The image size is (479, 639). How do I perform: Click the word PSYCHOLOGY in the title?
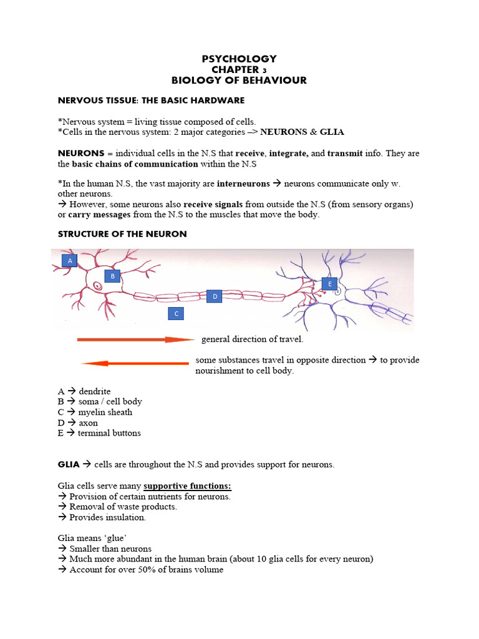pyautogui.click(x=239, y=59)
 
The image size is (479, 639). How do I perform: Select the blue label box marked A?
pyautogui.click(x=70, y=260)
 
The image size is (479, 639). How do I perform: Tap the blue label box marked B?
pyautogui.click(x=112, y=275)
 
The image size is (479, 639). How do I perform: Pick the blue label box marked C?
pyautogui.click(x=177, y=314)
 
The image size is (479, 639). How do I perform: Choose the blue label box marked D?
pyautogui.click(x=215, y=296)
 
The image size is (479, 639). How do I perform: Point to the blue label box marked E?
pyautogui.click(x=329, y=284)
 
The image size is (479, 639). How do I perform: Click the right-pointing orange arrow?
pyautogui.click(x=136, y=339)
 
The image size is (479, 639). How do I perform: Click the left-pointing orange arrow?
pyautogui.click(x=135, y=363)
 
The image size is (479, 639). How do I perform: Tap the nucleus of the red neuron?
pyautogui.click(x=98, y=286)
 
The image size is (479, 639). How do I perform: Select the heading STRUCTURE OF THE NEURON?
pyautogui.click(x=122, y=234)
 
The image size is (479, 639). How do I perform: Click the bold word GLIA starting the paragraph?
pyautogui.click(x=69, y=464)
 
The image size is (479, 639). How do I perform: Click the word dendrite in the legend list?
pyautogui.click(x=95, y=391)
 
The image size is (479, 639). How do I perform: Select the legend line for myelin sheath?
pyautogui.click(x=95, y=412)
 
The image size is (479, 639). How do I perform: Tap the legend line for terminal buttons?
pyautogui.click(x=99, y=432)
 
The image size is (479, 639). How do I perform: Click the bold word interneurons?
pyautogui.click(x=243, y=183)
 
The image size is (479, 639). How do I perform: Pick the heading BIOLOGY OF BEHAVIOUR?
pyautogui.click(x=239, y=80)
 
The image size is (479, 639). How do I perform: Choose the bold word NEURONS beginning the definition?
pyautogui.click(x=80, y=153)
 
